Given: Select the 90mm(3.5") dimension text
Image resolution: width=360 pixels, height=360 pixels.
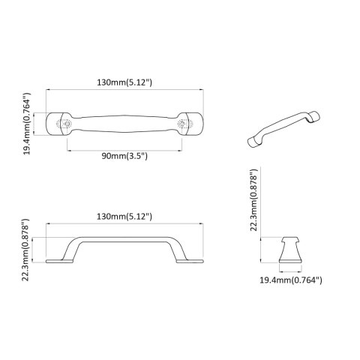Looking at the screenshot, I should click(124, 155).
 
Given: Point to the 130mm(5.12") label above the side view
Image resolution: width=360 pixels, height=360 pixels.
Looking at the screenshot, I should click(125, 216).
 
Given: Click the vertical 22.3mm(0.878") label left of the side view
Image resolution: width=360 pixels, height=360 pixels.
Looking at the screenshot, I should click(27, 253).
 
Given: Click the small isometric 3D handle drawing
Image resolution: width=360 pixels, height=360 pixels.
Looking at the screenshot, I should click(284, 129).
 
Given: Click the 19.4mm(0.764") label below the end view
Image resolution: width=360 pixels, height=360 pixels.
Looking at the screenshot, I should click(290, 280).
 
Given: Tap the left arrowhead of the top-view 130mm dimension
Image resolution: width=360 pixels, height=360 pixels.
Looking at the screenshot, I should click(48, 88).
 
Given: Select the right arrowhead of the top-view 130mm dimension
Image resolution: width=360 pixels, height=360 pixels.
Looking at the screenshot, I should click(202, 88).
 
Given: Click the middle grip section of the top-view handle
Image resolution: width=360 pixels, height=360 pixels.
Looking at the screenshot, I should click(124, 124).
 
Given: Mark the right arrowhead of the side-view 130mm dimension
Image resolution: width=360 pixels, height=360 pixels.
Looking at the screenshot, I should click(202, 223).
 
